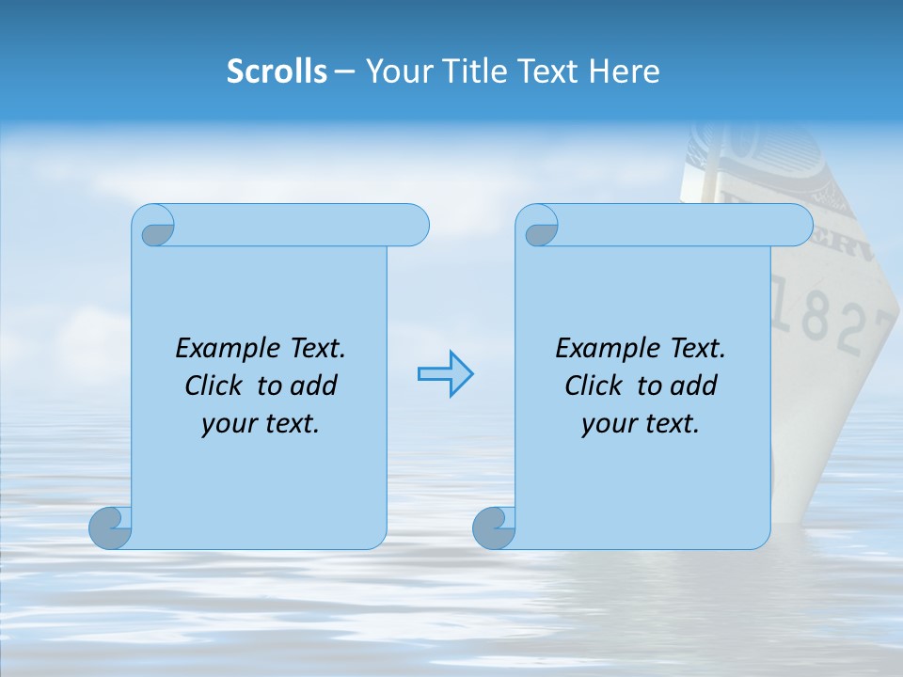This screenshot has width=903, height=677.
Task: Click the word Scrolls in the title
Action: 277,71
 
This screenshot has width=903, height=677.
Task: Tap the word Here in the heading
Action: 624,71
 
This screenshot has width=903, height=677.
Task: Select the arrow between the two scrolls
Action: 445,374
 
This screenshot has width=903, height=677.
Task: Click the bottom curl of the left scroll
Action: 111,528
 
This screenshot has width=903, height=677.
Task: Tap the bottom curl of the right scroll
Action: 494,528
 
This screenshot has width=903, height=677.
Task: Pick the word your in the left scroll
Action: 226,424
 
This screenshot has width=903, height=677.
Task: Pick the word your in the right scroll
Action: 606,424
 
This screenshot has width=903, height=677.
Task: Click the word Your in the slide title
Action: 396,71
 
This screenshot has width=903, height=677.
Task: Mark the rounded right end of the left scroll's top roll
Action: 414,226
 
